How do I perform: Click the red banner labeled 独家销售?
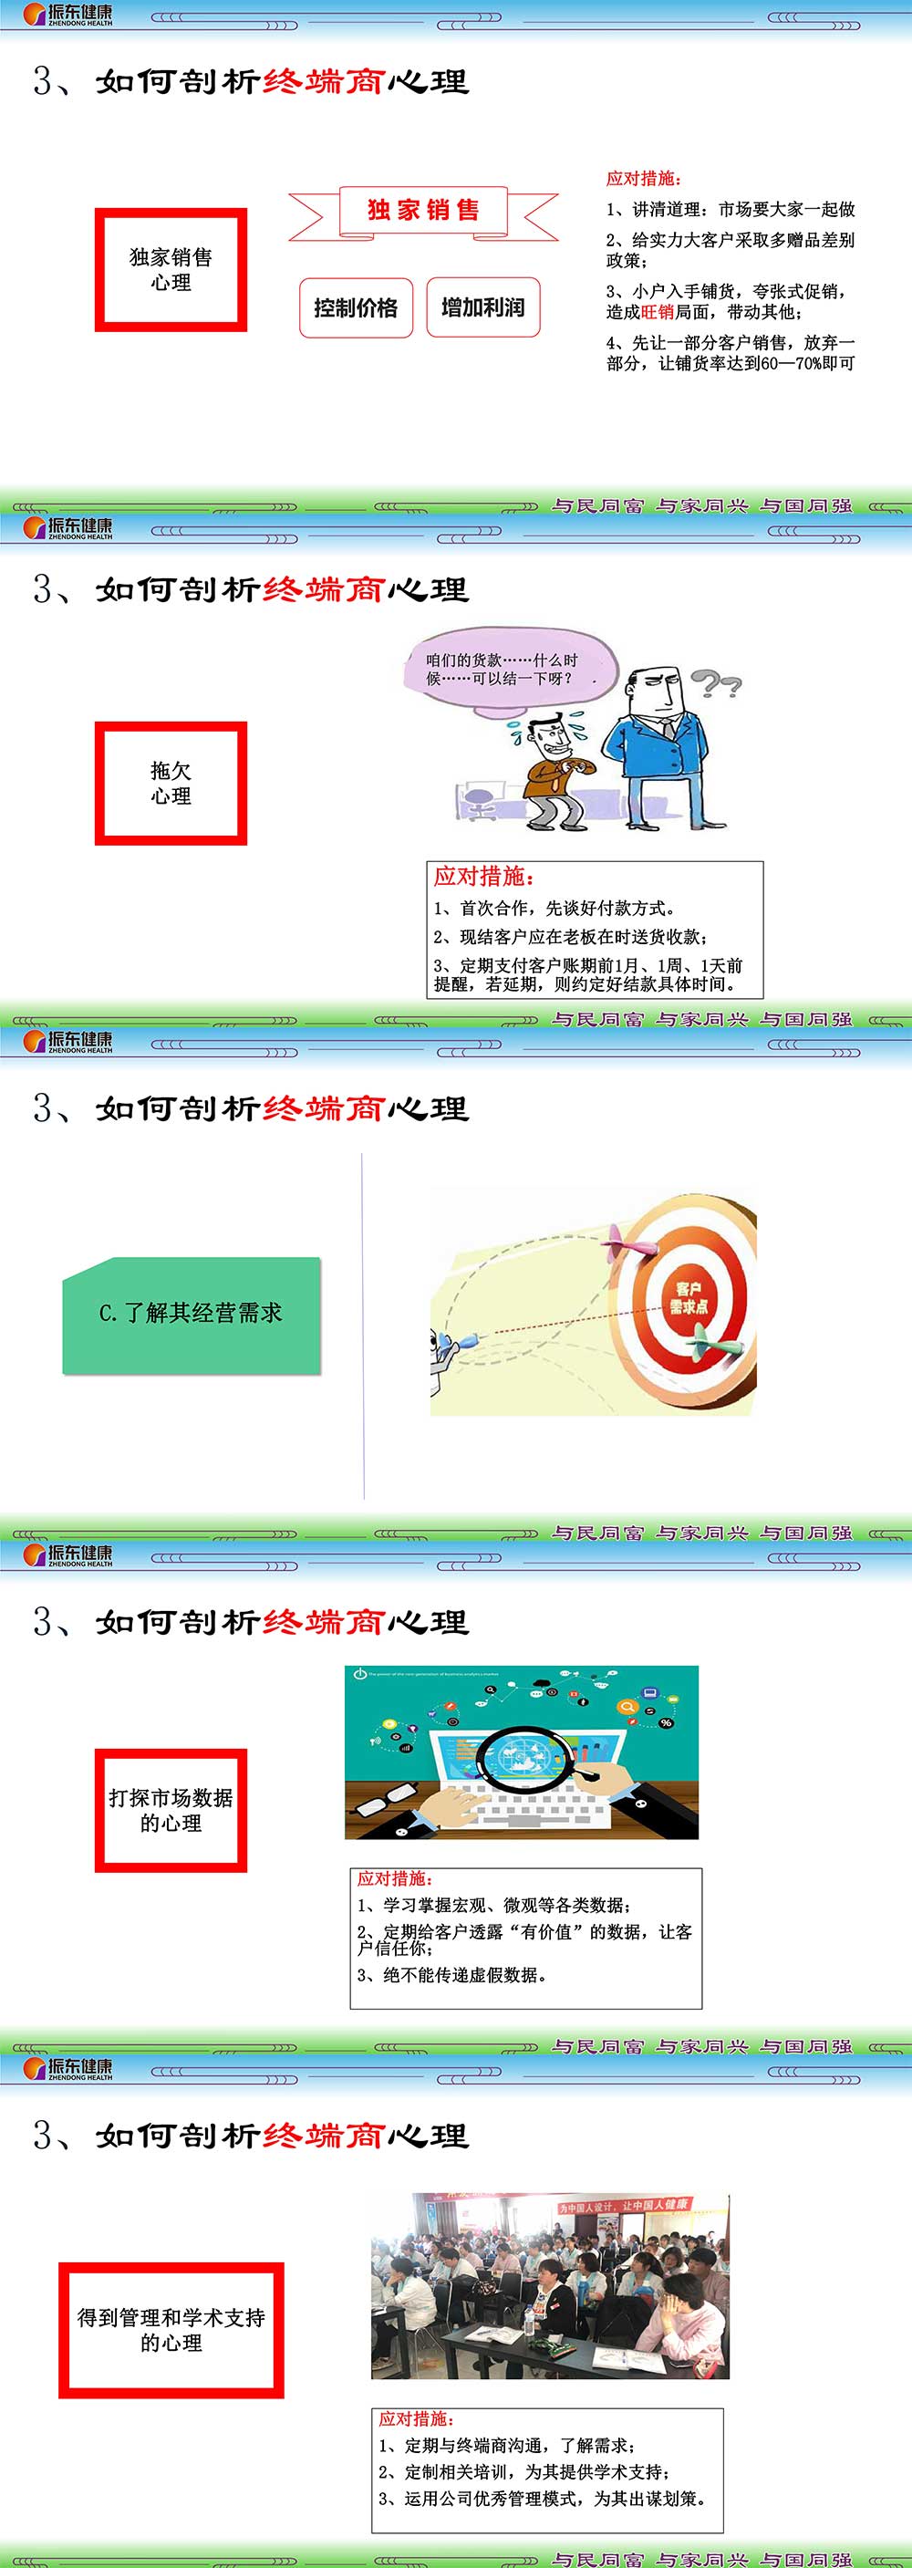[423, 211]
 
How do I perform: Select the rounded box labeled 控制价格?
[356, 308]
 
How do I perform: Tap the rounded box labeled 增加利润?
[483, 308]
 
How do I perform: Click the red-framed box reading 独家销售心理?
[171, 270]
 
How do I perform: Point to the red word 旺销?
[658, 312]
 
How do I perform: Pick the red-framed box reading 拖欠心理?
[171, 784]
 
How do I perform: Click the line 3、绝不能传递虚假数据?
[452, 1975]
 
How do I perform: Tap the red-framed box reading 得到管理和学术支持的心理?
[171, 2330]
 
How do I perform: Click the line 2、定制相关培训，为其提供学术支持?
[523, 2471]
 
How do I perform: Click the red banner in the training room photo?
[623, 2205]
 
